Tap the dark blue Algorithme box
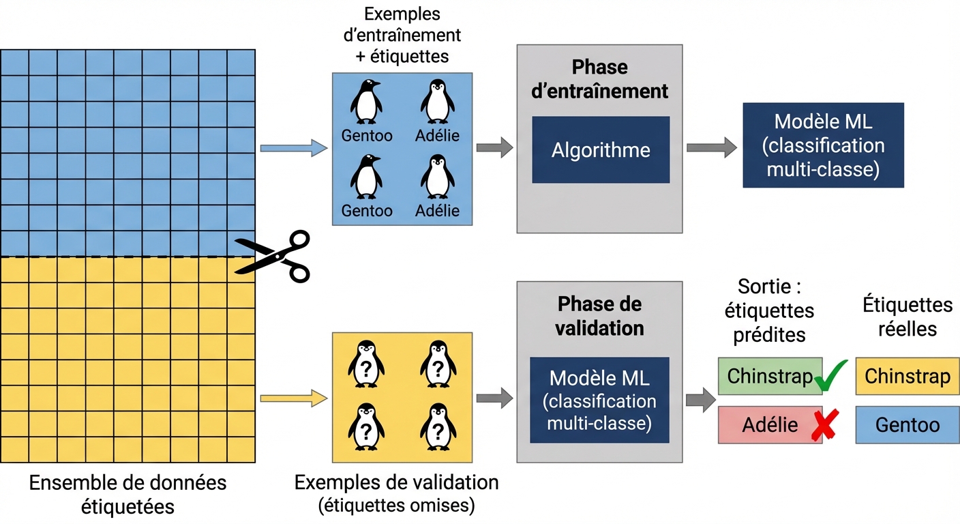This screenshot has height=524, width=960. click(x=601, y=149)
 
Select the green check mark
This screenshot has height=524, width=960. click(x=832, y=375)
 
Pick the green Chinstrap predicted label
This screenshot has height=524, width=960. click(x=769, y=377)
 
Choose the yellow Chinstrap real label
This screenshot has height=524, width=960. click(x=907, y=377)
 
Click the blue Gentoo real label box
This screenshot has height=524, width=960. click(x=907, y=426)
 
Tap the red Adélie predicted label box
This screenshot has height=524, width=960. click(x=769, y=426)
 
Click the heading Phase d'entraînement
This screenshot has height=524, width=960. click(x=599, y=79)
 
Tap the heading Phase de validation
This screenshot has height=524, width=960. click(x=599, y=316)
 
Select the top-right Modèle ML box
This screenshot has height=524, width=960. click(x=823, y=145)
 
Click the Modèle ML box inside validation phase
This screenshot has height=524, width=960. click(x=599, y=400)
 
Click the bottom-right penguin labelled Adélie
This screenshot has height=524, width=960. click(x=437, y=176)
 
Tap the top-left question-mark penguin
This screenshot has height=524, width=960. click(x=366, y=364)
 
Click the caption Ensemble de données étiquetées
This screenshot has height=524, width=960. click(x=127, y=495)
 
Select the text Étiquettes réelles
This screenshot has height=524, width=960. click(x=907, y=316)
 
